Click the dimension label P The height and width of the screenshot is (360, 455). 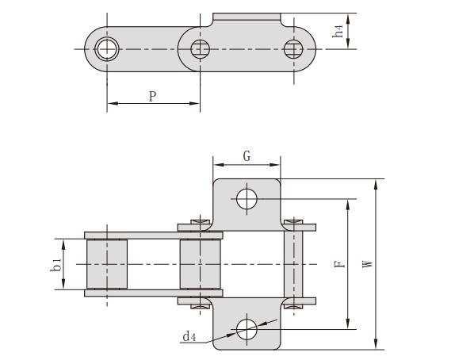click(151, 95)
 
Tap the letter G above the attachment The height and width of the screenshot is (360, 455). click(247, 155)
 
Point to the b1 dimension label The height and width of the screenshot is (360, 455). click(55, 264)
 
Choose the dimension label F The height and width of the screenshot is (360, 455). click(339, 264)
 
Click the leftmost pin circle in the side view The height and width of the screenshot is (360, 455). click(106, 49)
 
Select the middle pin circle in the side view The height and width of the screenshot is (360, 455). click(200, 49)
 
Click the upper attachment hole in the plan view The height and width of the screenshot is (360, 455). click(247, 198)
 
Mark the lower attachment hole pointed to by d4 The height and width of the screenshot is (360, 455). click(247, 327)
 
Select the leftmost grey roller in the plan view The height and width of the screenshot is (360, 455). click(107, 264)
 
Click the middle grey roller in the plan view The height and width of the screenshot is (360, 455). click(200, 264)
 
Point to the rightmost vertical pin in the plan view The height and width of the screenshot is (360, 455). click(295, 264)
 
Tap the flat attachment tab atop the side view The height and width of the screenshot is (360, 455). click(247, 17)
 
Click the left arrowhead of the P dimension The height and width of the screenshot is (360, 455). click(111, 103)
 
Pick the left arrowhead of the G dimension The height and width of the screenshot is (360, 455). click(216, 165)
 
